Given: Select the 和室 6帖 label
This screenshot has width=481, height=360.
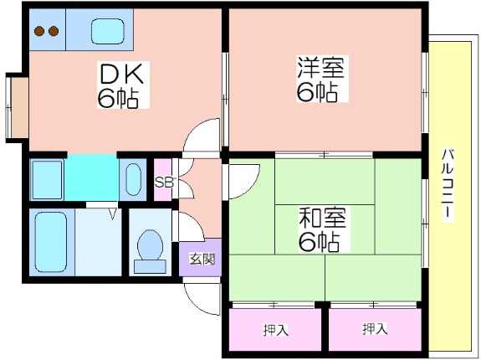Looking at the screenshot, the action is [322, 229].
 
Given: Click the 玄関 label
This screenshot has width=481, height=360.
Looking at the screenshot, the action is [202, 259].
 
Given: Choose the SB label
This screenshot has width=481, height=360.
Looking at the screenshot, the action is [163, 183].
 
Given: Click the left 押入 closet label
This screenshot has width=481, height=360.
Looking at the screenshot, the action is [276, 330].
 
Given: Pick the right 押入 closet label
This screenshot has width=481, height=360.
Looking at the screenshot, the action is [375, 329].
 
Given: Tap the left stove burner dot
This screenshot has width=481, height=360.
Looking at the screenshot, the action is [39, 31].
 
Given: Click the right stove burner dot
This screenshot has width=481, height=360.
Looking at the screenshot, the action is [54, 31].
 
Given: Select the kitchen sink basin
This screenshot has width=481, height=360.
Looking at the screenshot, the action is [108, 31].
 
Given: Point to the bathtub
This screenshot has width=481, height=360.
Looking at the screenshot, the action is [51, 242].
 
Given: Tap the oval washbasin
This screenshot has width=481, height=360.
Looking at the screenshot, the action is [133, 179].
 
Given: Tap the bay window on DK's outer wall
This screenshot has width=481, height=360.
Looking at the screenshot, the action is [18, 108].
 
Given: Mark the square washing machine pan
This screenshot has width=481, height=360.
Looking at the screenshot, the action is [48, 180].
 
